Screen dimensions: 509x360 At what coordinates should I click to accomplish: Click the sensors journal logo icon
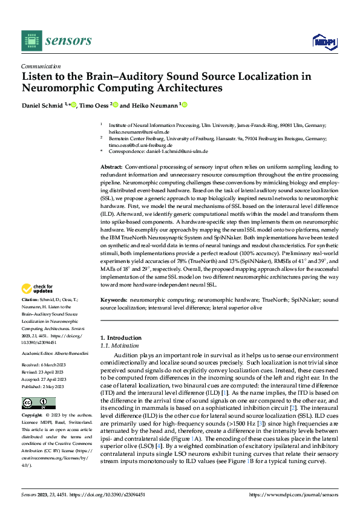[x=31, y=41]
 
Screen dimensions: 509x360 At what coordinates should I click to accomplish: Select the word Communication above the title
[x=41, y=66]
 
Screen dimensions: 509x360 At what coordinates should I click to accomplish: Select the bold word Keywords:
[x=114, y=300]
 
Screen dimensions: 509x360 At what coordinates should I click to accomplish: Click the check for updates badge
[x=38, y=288]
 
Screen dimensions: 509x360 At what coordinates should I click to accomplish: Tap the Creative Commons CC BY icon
[x=38, y=403]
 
